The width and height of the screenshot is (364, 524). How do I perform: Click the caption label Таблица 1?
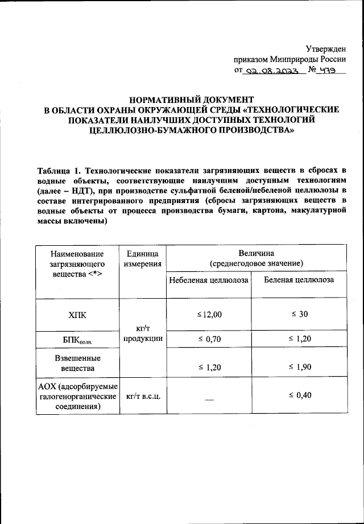coord(60,170)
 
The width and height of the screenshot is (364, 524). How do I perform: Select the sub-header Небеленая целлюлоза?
coord(209,279)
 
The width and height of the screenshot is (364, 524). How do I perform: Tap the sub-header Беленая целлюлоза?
coord(299,279)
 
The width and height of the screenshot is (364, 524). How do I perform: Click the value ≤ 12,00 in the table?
coord(209,314)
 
